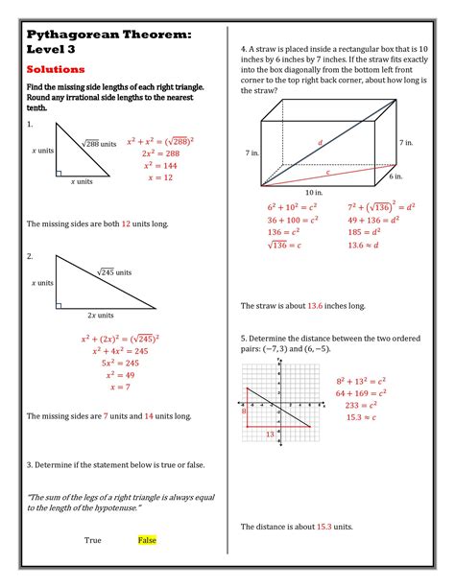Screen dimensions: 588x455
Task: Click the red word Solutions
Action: click(56, 70)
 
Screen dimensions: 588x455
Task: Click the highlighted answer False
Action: click(147, 540)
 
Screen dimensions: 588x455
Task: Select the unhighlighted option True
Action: click(93, 540)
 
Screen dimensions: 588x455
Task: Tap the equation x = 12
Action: click(160, 177)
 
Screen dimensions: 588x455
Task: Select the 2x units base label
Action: click(100, 315)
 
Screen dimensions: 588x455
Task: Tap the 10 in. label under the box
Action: click(313, 193)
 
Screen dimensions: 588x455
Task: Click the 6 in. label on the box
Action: click(395, 176)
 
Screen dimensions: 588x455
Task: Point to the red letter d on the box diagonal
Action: click(320, 142)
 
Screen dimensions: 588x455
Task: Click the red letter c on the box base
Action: click(327, 173)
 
